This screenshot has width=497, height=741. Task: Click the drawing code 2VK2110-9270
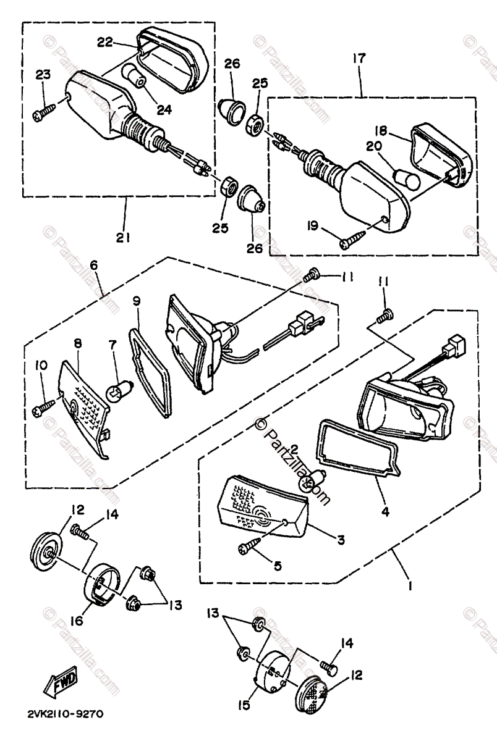pos(66,714)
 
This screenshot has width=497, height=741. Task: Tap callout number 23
pos(43,75)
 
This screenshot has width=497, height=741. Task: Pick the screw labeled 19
pos(353,241)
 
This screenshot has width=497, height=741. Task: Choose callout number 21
pos(124,237)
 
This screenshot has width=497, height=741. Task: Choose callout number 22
pos(104,41)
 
